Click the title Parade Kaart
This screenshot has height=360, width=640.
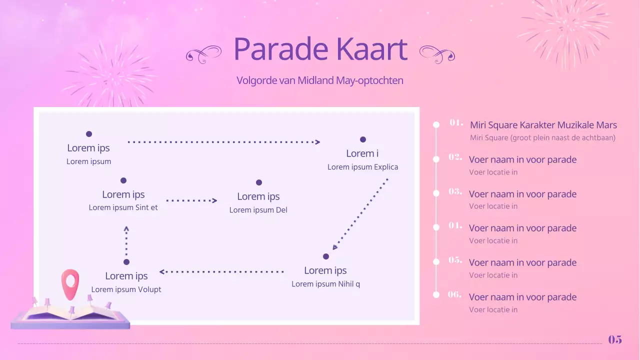tap(320, 49)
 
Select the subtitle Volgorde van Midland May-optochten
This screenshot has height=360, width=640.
tap(319, 80)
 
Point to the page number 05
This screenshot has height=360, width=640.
tap(615, 339)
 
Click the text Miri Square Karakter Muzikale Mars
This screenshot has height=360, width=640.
tap(543, 125)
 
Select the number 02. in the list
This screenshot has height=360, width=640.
tap(455, 157)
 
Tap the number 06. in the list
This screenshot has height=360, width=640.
tap(454, 294)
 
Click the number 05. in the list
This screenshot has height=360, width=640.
tap(455, 260)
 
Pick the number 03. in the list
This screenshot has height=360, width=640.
tap(455, 191)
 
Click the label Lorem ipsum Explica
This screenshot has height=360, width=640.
tap(363, 167)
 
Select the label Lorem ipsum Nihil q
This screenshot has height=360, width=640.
tap(326, 284)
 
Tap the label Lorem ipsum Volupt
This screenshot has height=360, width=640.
tap(126, 289)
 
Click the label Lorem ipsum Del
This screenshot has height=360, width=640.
tap(258, 210)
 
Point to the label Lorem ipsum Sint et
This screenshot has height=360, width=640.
tap(123, 207)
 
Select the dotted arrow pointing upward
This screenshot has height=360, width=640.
tap(126, 241)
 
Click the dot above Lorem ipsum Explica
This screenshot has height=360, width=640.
tap(363, 139)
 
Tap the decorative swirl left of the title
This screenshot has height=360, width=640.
tap(203, 53)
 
